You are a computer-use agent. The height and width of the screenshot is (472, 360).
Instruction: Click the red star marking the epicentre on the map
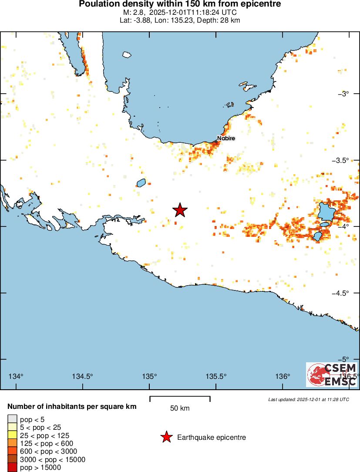click(180, 210)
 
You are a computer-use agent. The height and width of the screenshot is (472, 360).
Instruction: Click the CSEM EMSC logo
click(332, 374)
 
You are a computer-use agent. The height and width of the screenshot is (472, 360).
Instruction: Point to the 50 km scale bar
click(180, 398)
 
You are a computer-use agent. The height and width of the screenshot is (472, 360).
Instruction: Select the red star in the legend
click(166, 437)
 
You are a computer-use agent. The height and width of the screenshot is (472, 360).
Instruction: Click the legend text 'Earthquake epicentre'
click(212, 437)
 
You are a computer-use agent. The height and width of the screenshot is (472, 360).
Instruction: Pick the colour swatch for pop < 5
click(12, 420)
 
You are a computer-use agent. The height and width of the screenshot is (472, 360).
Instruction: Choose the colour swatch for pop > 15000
click(12, 468)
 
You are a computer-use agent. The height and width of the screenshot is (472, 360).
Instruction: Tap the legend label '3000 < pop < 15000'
click(53, 459)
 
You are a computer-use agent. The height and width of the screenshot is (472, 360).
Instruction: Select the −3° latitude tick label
click(345, 94)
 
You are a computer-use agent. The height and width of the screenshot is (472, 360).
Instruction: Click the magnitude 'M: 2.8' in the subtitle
click(133, 12)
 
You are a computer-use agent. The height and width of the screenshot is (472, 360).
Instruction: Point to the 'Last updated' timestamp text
click(308, 399)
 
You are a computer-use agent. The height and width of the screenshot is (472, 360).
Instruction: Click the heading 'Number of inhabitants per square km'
click(72, 406)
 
